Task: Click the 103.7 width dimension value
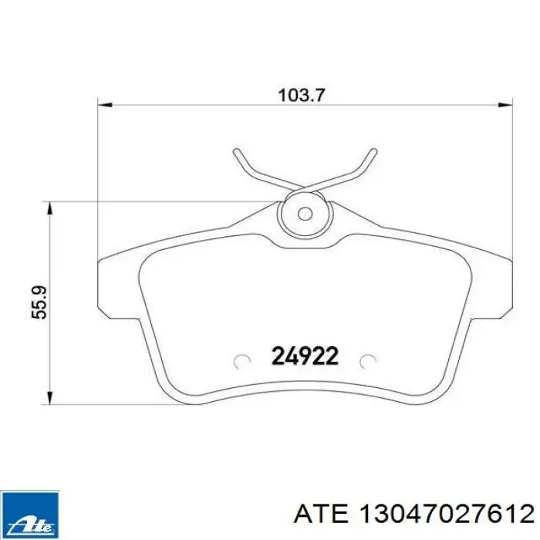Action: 302,95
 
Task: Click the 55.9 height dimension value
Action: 39,302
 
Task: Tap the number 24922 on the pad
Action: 305,356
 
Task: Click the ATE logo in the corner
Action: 29,515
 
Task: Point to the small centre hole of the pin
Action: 305,214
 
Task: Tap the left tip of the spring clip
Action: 236,151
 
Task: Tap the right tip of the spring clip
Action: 373,151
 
